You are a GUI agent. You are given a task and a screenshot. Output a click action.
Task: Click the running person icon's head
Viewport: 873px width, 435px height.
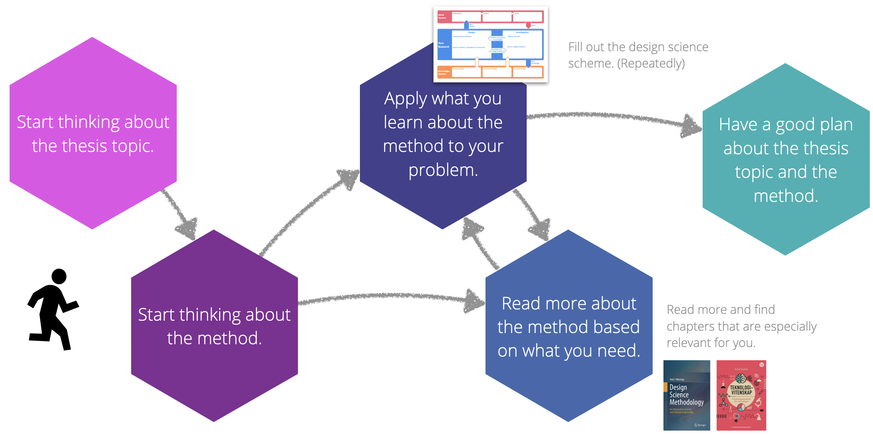point(59,276)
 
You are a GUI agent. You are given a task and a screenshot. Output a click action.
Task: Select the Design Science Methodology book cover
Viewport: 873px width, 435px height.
point(686,395)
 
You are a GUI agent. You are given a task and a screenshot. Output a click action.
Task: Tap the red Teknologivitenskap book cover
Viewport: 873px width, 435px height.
point(741,395)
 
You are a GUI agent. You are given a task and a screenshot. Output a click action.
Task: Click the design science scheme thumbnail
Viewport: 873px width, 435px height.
point(490,44)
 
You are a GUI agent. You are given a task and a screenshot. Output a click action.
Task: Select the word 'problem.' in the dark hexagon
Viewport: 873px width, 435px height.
point(443,170)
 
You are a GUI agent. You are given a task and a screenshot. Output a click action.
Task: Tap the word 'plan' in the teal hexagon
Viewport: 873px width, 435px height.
point(834,125)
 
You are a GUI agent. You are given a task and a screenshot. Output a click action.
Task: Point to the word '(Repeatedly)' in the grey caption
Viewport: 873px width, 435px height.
point(651,64)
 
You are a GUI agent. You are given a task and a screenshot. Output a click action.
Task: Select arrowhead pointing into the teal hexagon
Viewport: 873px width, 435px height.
point(691,127)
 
